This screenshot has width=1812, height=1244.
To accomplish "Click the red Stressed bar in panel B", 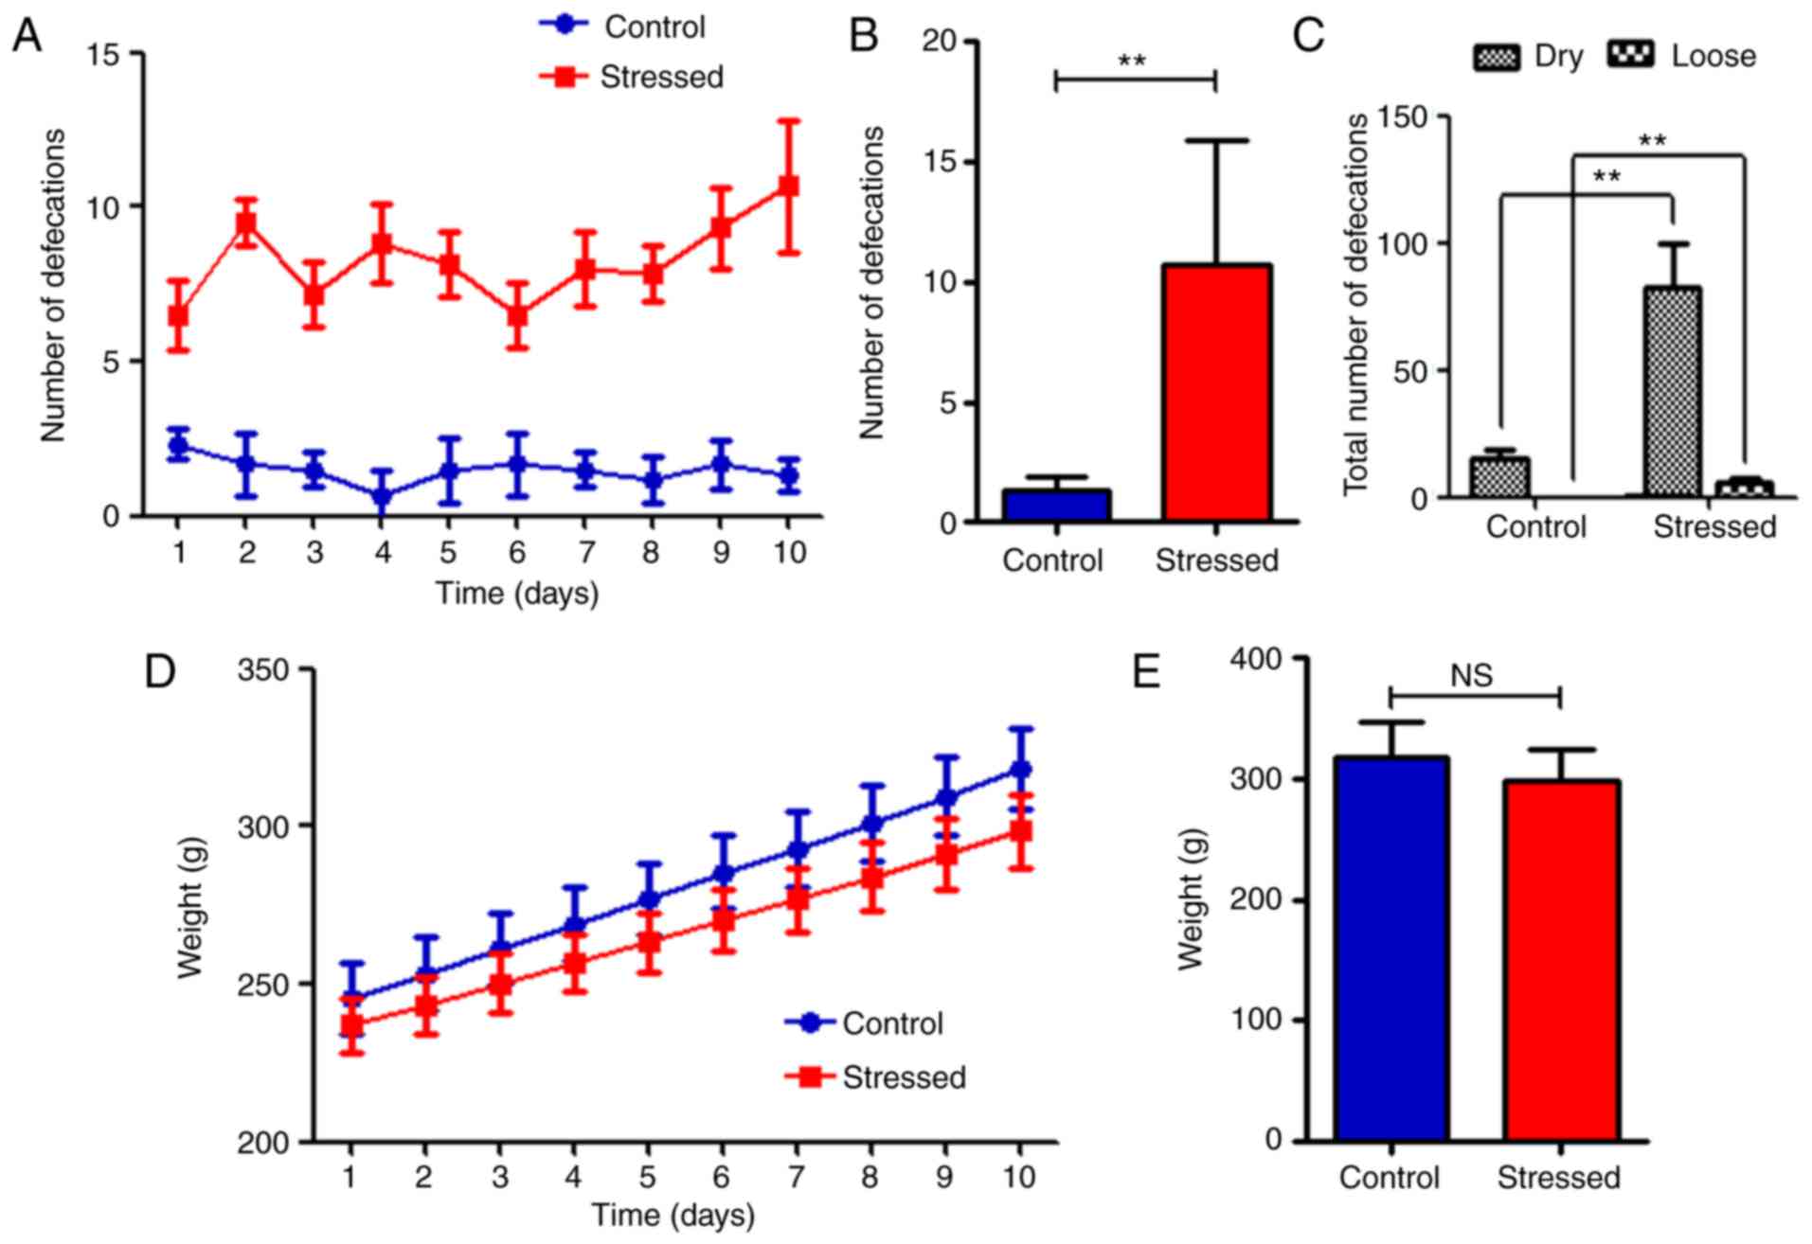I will (x=1217, y=393).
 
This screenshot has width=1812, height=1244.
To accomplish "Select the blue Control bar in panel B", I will (x=1056, y=506).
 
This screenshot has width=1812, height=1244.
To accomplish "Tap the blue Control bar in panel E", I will (x=1390, y=947).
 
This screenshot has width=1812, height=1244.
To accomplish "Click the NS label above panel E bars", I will (x=1471, y=675).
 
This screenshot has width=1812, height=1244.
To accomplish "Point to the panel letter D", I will (x=160, y=671).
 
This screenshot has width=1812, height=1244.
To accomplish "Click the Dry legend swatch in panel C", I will (x=1496, y=57).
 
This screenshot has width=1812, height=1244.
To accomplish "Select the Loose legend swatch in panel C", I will (x=1631, y=55).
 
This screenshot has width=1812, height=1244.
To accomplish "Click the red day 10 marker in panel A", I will (x=787, y=186).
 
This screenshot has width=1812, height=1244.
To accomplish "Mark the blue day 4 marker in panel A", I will (x=383, y=495).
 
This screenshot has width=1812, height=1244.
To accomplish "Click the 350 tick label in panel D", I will (x=264, y=670).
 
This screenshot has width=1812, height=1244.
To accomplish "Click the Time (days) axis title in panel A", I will (x=517, y=594).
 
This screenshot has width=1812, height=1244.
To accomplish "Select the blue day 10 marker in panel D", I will (x=1020, y=769).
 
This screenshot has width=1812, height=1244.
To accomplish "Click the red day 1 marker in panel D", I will (x=351, y=1023).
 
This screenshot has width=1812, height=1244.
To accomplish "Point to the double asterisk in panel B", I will (x=1133, y=62).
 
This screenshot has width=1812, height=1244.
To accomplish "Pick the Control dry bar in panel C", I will (x=1500, y=477).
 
